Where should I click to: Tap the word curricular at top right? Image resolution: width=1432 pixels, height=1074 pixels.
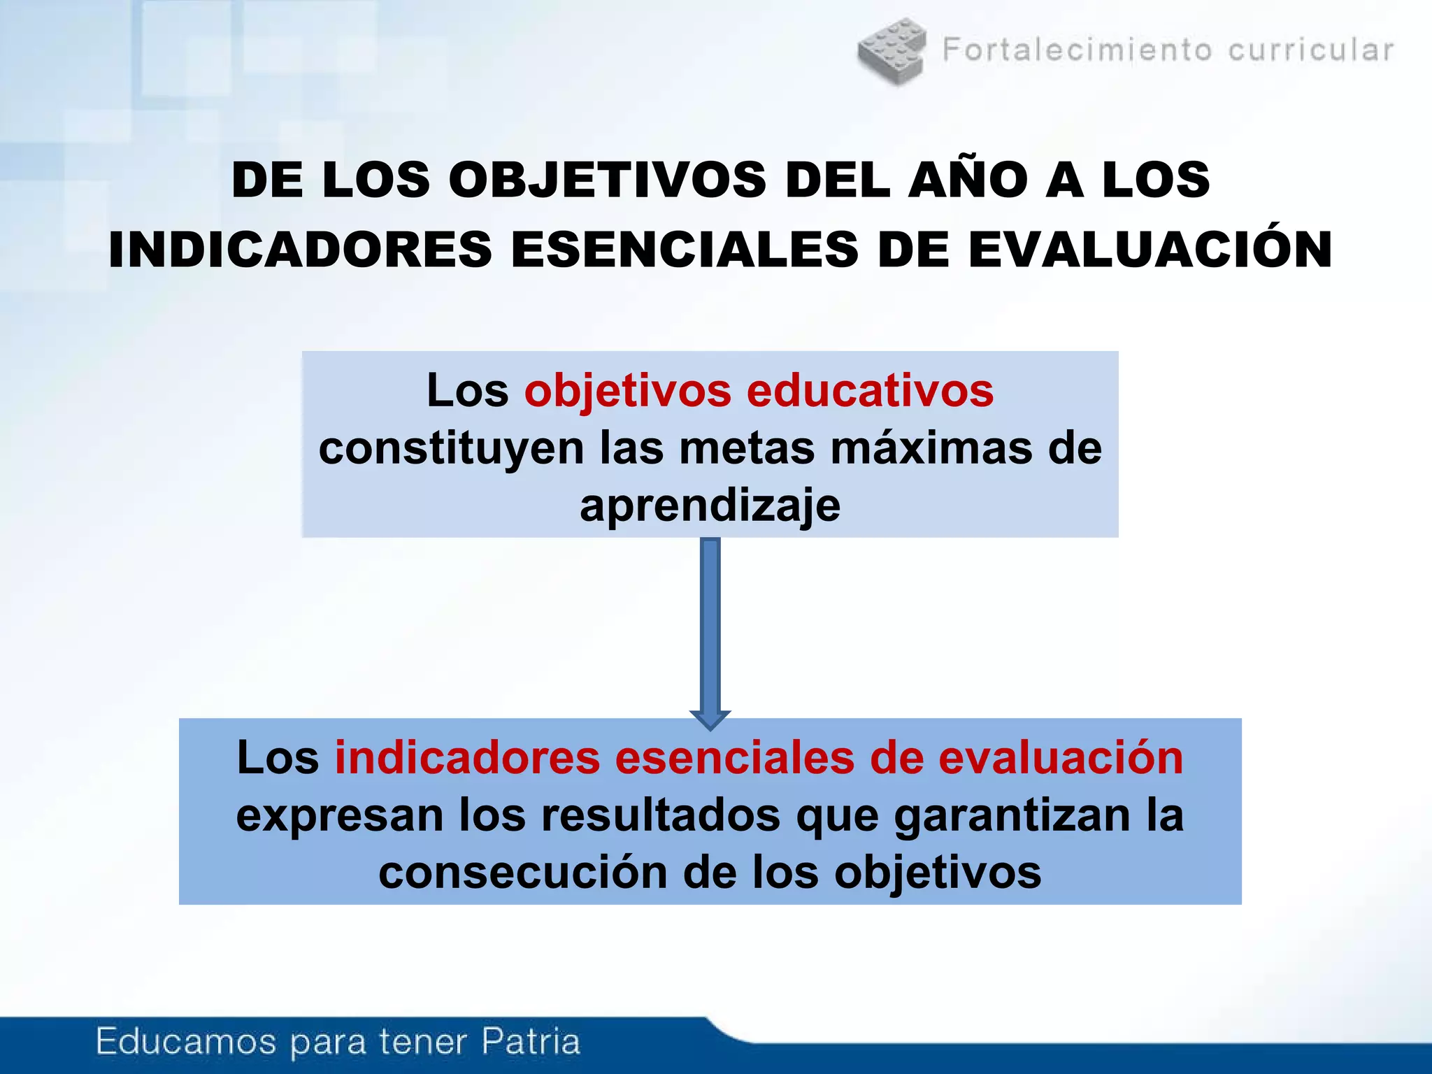(x=1311, y=50)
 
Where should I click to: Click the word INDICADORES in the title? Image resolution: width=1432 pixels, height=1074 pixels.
(x=301, y=250)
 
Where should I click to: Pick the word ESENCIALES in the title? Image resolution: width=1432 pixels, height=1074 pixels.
(x=685, y=250)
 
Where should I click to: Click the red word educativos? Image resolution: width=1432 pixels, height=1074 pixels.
(x=870, y=390)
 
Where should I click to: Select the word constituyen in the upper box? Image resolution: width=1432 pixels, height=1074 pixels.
(x=451, y=448)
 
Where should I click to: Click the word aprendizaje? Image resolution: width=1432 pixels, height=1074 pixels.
(x=710, y=506)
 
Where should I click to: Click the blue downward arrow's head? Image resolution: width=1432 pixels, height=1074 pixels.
(x=710, y=719)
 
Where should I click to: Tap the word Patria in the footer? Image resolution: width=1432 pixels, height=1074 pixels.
(x=531, y=1041)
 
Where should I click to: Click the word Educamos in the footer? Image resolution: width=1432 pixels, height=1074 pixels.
(x=186, y=1041)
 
